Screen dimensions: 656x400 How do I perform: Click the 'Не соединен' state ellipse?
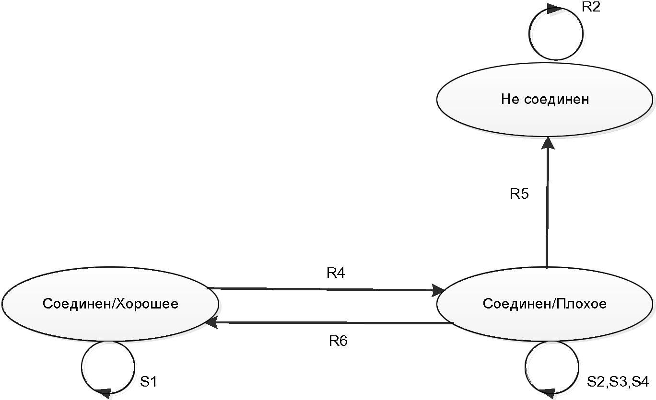pyautogui.click(x=545, y=100)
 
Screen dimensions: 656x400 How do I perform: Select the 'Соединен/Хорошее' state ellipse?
pyautogui.click(x=110, y=304)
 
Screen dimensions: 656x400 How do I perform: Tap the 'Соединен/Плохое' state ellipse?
pyautogui.click(x=545, y=304)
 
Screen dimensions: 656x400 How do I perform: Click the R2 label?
pyautogui.click(x=591, y=7)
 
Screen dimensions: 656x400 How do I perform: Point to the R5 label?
pyautogui.click(x=519, y=194)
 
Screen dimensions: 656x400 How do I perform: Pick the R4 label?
pyautogui.click(x=336, y=273)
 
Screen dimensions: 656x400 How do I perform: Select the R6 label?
pyautogui.click(x=338, y=341)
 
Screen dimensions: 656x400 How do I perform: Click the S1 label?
pyautogui.click(x=149, y=382)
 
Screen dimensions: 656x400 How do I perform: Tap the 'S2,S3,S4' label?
pyautogui.click(x=618, y=382)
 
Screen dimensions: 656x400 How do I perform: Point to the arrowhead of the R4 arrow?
pyautogui.click(x=438, y=290)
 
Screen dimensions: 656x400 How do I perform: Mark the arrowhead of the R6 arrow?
pyautogui.click(x=211, y=322)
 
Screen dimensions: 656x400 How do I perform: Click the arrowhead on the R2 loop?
pyautogui.click(x=555, y=9)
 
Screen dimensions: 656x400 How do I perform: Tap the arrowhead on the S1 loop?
pyautogui.click(x=104, y=392)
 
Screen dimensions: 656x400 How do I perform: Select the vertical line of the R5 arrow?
pyautogui.click(x=547, y=208)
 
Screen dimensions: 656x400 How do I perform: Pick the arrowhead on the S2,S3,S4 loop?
pyautogui.click(x=547, y=392)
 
